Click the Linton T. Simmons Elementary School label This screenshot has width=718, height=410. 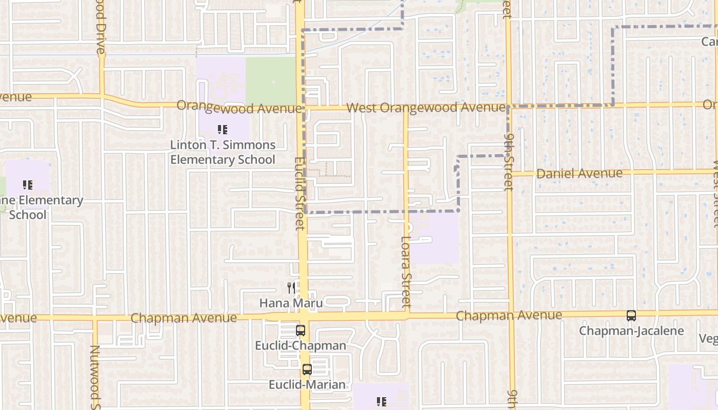tap(223, 152)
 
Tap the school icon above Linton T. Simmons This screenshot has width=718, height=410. tap(222, 130)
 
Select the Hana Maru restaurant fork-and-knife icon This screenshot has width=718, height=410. tap(291, 288)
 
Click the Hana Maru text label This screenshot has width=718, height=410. tap(291, 303)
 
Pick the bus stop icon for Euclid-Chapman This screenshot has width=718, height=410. tap(301, 331)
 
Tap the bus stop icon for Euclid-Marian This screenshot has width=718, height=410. tap(307, 369)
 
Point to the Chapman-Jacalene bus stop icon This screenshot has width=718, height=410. tap(631, 316)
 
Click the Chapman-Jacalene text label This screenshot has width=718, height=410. tap(631, 331)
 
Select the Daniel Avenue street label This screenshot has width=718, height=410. tap(579, 173)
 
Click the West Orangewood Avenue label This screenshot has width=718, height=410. tap(426, 108)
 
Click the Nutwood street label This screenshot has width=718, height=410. tap(95, 374)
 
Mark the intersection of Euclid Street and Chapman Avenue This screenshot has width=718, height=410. tap(303, 317)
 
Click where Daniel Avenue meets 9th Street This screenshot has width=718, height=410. tap(510, 173)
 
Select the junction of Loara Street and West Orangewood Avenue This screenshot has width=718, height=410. tap(406, 108)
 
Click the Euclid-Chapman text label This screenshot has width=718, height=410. tap(301, 345)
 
